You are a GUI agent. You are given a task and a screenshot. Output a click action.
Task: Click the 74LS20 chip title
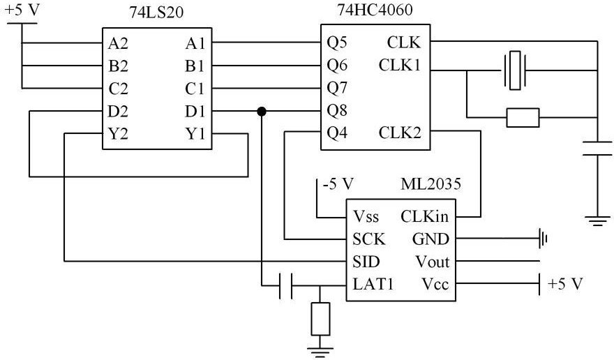tap(156, 13)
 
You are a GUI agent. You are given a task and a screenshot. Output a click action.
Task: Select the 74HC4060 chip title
tap(375, 9)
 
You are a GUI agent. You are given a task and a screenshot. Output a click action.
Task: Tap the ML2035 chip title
tap(430, 183)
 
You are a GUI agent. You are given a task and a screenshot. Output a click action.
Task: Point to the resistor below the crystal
tap(523, 117)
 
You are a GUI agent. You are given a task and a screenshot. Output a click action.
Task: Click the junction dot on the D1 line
tap(262, 112)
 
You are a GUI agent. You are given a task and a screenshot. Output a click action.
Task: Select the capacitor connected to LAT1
tap(286, 285)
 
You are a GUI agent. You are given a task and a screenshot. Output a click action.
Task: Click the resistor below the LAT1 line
tap(320, 319)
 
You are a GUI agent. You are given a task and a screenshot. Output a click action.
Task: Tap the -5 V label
tap(338, 183)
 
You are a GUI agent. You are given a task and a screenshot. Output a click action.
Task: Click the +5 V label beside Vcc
tap(565, 283)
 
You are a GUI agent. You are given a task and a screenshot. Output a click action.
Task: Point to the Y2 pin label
tap(118, 135)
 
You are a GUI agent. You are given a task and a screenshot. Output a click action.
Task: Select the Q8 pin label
tap(337, 111)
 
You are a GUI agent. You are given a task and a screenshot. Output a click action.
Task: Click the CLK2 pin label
tap(400, 133)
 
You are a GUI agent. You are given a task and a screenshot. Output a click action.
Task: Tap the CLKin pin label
tap(424, 216)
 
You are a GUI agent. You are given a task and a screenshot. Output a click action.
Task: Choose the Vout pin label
tap(433, 262)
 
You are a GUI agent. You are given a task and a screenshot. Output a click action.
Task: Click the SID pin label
tap(366, 262)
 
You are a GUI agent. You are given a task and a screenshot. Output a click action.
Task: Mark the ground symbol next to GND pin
tap(543, 238)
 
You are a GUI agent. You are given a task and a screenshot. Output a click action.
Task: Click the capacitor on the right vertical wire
tap(597, 149)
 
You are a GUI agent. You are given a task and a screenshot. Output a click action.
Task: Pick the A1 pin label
tap(195, 43)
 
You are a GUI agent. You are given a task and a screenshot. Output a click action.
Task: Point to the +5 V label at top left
tap(23, 10)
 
